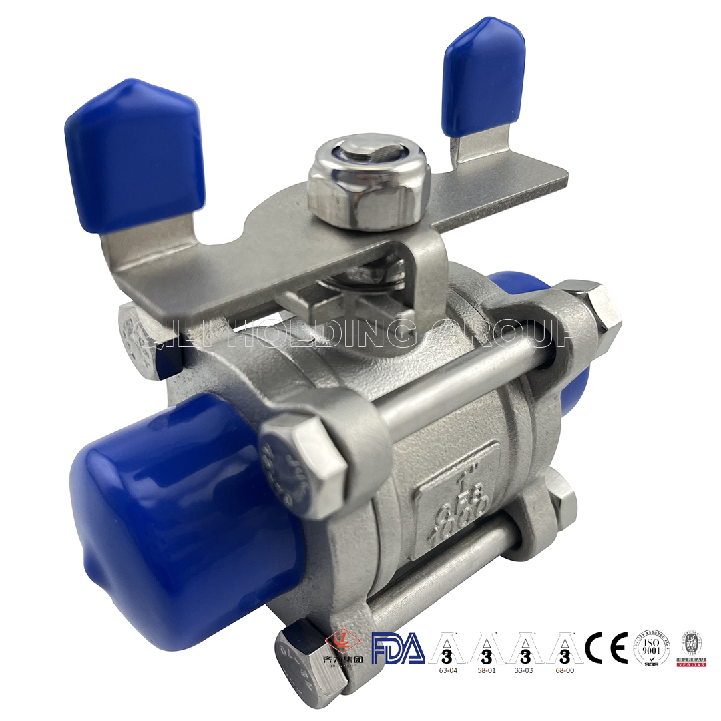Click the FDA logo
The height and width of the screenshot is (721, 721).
point(398,649)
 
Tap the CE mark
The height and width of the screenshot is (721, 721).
point(606,647)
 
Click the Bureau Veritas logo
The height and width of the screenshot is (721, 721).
point(692,648)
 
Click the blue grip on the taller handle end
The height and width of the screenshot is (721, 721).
point(484,73)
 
